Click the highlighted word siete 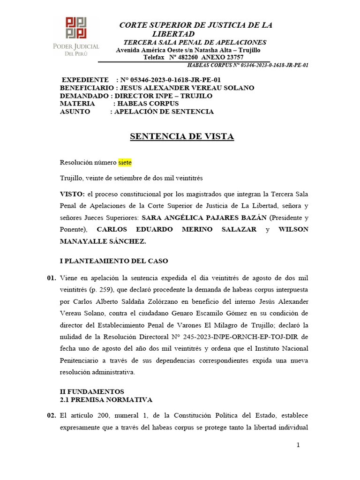pyautogui.click(x=125, y=163)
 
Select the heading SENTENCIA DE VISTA pyautogui.click(x=181, y=137)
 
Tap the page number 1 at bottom pyautogui.click(x=298, y=445)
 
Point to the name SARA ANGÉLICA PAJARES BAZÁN pyautogui.click(x=204, y=217)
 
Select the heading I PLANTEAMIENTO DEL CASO pyautogui.click(x=114, y=261)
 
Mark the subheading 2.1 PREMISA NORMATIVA pyautogui.click(x=106, y=400)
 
